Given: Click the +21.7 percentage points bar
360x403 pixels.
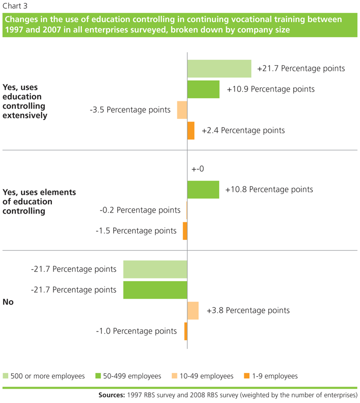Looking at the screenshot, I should [219, 68].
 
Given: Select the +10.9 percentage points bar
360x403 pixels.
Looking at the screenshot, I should [203, 89].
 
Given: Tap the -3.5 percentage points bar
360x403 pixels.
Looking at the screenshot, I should [182, 110].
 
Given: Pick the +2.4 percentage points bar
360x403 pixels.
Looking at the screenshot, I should [191, 131].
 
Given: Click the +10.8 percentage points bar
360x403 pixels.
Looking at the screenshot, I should [203, 189].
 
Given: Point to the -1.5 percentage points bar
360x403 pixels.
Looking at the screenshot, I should [185, 231].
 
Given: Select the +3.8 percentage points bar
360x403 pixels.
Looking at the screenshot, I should [193, 310].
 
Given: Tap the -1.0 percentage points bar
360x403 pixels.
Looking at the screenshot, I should [186, 331].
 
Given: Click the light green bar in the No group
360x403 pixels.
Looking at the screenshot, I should [155, 269].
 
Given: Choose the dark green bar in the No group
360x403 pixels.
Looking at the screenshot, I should [155, 290].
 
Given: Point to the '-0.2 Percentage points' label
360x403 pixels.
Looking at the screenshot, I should [140, 210].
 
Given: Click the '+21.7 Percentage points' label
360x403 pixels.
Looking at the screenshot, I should [301, 68].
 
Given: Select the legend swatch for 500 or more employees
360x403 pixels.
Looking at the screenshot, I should [7, 376].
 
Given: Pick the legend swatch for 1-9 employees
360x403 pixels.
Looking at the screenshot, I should [248, 376].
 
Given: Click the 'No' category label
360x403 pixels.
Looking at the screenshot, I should [8, 302].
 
